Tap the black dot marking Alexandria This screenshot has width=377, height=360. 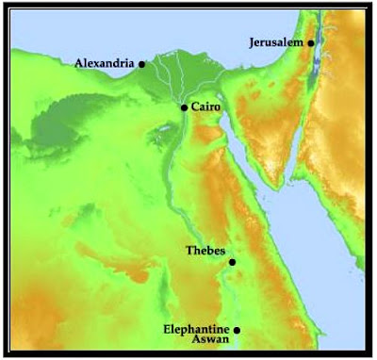(141, 64)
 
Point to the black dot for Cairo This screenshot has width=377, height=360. (184, 108)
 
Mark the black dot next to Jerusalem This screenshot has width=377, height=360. (311, 42)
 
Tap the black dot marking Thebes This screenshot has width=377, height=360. (233, 262)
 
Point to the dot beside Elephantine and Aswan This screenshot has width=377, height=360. (238, 330)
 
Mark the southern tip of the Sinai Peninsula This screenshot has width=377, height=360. (275, 181)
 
